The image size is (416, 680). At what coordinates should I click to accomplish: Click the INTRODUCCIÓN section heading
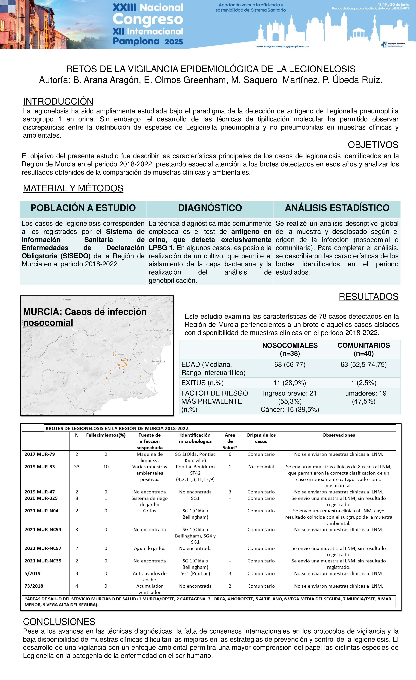(58, 102)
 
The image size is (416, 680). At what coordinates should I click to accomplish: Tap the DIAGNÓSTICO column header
(210, 208)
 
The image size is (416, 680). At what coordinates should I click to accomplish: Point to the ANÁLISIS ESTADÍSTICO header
(337, 208)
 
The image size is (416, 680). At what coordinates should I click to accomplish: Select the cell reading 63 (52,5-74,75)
(364, 365)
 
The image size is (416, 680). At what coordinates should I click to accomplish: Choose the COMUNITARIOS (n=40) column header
(364, 349)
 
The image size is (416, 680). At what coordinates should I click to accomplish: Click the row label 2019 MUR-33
(40, 467)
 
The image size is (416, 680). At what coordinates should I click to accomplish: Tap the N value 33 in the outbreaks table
(77, 467)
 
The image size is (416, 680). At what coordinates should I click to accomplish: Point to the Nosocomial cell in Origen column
(261, 467)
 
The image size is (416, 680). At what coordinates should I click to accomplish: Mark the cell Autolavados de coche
(150, 577)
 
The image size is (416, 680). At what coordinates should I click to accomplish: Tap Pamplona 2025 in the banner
(148, 41)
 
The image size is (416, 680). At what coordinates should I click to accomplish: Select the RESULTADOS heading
(369, 297)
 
